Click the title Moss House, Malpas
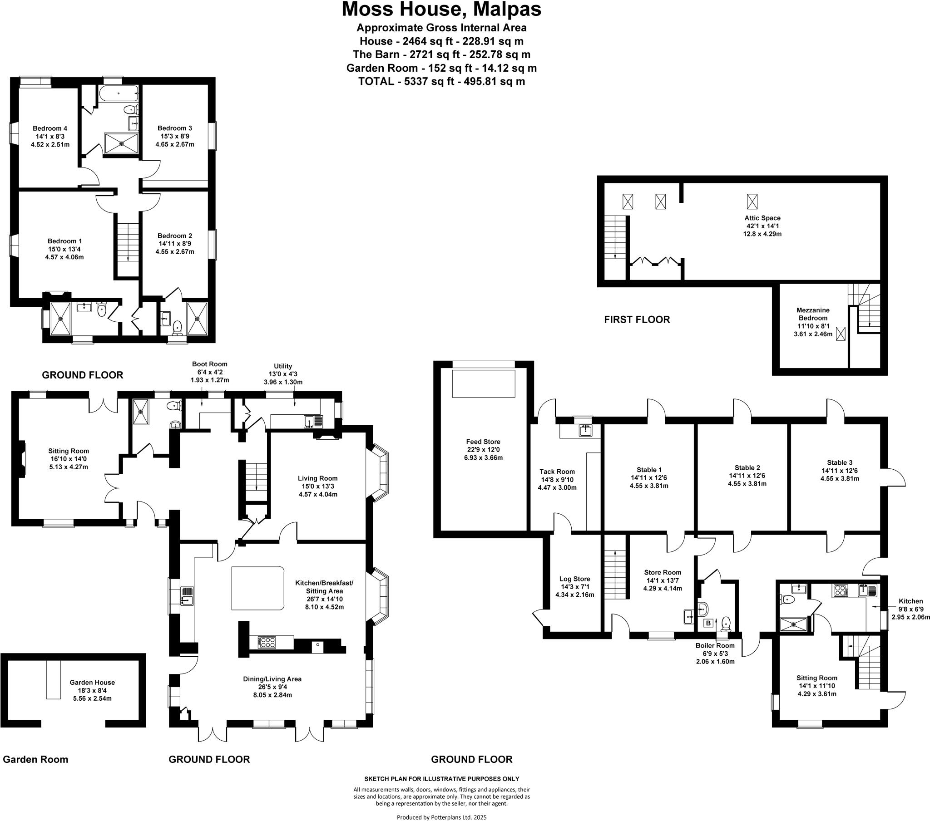(x=441, y=9)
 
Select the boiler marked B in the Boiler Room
(x=708, y=623)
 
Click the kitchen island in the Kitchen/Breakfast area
(x=258, y=588)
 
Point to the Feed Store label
(x=483, y=442)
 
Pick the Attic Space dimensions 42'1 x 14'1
(x=762, y=226)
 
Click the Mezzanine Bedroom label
(x=812, y=314)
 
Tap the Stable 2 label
(x=747, y=467)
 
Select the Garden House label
(x=92, y=682)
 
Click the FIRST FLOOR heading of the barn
(x=637, y=320)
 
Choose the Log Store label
(x=574, y=579)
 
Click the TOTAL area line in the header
(x=441, y=81)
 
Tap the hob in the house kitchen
(x=267, y=643)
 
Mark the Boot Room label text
(x=209, y=364)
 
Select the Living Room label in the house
(x=317, y=478)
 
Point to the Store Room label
(x=663, y=573)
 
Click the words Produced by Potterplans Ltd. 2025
(x=441, y=817)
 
